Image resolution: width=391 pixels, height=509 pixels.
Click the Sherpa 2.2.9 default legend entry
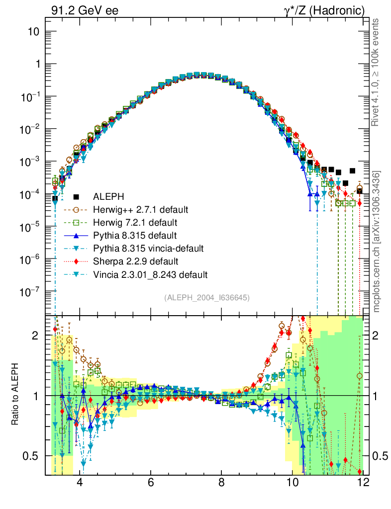pos(136,261)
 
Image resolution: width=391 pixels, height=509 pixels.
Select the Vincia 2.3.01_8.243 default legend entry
pos(154,274)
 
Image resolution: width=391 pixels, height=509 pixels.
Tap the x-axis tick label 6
pos(150,482)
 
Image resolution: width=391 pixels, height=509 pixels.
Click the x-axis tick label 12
pos(363,482)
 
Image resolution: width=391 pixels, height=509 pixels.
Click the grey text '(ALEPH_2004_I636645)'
pos(207,297)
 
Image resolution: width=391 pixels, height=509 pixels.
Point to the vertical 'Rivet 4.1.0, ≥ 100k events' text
pos(377,72)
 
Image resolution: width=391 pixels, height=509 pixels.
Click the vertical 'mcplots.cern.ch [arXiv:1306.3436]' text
pos(377,242)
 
